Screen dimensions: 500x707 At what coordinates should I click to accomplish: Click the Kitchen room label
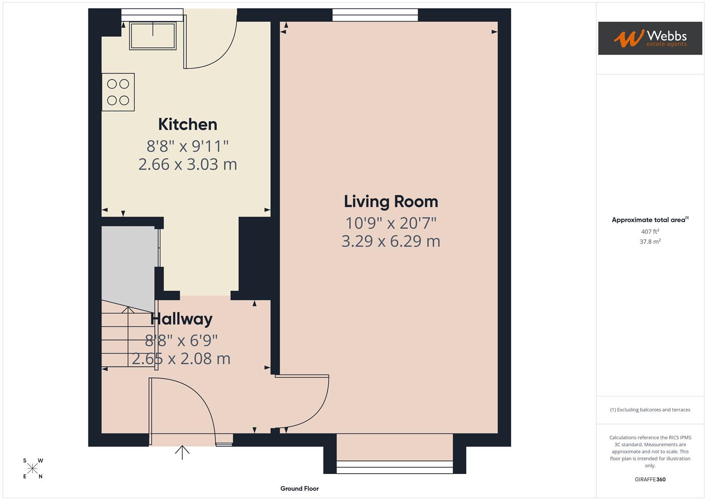188,125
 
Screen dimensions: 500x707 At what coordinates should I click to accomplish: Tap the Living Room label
391,202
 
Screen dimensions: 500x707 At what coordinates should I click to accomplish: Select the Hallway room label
181,319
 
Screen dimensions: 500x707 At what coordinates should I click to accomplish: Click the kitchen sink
153,36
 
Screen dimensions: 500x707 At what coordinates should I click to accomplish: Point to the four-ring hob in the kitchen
118,92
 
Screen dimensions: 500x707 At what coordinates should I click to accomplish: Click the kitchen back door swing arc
211,44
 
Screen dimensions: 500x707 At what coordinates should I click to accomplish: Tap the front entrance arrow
182,452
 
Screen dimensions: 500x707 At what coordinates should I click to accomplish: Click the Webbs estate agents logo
650,38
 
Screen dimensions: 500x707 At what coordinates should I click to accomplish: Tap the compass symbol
32,469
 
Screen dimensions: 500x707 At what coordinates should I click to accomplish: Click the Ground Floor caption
300,488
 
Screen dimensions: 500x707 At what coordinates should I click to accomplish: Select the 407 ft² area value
650,231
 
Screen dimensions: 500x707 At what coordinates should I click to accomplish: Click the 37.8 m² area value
650,242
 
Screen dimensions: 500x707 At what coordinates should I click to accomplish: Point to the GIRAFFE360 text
650,480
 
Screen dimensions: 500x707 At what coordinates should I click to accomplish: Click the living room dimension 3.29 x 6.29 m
391,242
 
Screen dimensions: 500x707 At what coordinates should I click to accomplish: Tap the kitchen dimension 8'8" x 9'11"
188,147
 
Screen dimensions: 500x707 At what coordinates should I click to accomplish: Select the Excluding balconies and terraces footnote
650,410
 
